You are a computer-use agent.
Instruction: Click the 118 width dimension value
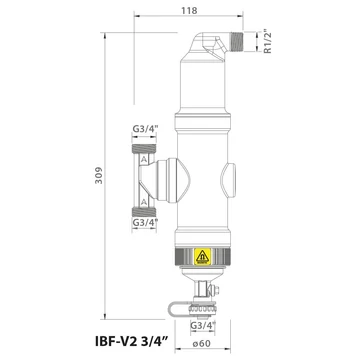[189, 10]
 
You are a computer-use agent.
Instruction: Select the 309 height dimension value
[99, 175]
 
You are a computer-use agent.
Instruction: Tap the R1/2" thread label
[267, 41]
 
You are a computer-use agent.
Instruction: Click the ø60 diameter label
[201, 343]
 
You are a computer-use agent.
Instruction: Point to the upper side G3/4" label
[144, 129]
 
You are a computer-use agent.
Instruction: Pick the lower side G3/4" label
[145, 222]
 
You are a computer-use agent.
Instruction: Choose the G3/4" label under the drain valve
[203, 325]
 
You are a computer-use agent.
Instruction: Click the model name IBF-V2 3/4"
[133, 342]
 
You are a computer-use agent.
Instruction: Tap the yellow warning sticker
[202, 257]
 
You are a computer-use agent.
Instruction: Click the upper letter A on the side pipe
[144, 159]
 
